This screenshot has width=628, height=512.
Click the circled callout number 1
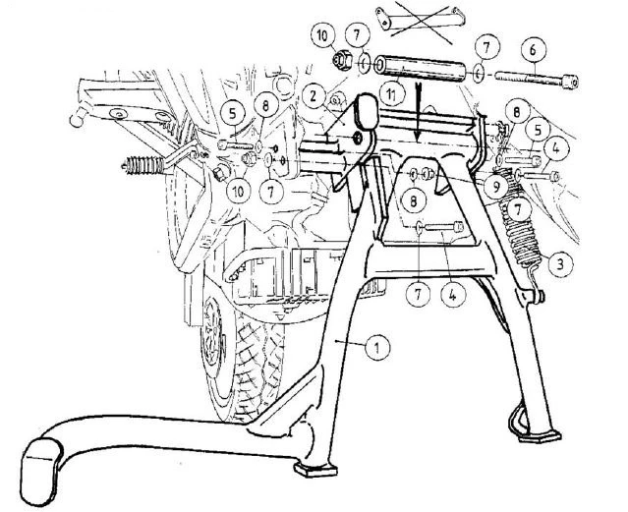[x=377, y=347]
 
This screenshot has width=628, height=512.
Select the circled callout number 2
[x=314, y=96]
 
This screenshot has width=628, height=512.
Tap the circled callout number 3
[x=560, y=264]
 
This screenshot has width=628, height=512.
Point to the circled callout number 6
[x=533, y=50]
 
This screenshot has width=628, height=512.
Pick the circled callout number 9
[x=496, y=187]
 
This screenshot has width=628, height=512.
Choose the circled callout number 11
[x=391, y=95]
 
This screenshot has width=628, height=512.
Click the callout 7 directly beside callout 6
[x=486, y=48]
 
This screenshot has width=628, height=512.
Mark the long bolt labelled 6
[x=537, y=79]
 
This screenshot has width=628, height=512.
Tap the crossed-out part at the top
[x=421, y=21]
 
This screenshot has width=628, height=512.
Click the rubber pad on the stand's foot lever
[x=41, y=471]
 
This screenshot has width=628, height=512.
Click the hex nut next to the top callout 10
[x=342, y=61]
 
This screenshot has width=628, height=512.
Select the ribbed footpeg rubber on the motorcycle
[x=143, y=166]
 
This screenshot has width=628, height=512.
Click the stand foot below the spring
[x=540, y=436]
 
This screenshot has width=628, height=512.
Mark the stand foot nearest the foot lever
[x=315, y=469]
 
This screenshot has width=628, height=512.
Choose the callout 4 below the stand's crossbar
[x=453, y=295]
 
